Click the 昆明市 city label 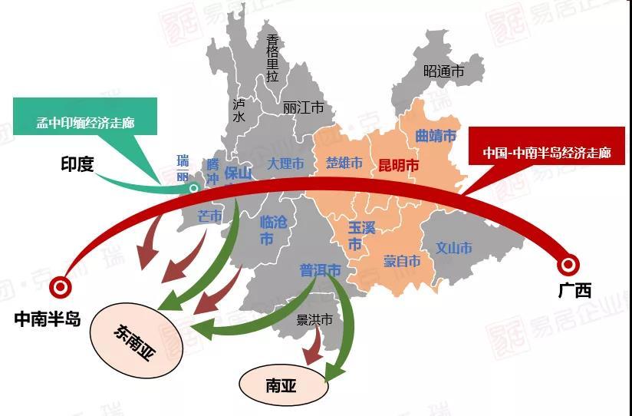(x=398, y=165)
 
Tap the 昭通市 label (x=444, y=71)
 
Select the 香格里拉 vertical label (x=272, y=58)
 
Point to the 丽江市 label (x=303, y=107)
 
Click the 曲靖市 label (x=436, y=136)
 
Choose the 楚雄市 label (x=344, y=163)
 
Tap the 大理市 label (x=285, y=163)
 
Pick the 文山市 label (x=454, y=248)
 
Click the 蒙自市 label (x=402, y=261)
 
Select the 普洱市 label (x=320, y=270)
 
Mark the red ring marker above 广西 (x=569, y=266)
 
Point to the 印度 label (x=77, y=163)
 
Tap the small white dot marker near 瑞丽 (x=194, y=187)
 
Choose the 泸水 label (x=239, y=111)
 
